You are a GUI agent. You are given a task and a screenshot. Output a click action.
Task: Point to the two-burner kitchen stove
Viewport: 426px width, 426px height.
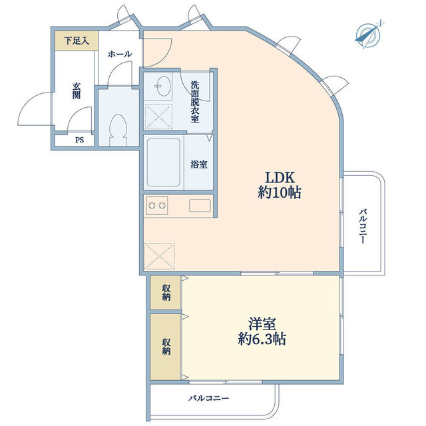coord(158,206)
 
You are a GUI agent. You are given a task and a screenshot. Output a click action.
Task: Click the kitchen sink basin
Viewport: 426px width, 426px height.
coord(200,206)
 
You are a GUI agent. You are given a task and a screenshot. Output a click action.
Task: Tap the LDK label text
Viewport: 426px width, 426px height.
coord(280,178)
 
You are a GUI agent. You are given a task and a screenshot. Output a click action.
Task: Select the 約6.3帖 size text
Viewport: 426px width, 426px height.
coord(263,339)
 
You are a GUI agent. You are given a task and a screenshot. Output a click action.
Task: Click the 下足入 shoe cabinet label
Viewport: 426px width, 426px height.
coord(76,41)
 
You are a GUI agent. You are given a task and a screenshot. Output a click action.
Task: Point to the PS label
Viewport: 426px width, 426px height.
coord(79,140)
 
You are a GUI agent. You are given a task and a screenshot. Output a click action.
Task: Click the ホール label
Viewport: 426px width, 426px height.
coord(119,54)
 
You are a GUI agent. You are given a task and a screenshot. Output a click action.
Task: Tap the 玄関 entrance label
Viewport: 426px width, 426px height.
coord(77,90)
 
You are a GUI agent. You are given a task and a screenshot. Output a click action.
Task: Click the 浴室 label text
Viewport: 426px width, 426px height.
coord(198,164)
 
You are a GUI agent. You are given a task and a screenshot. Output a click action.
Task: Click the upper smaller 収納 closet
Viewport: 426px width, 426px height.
coord(165,292)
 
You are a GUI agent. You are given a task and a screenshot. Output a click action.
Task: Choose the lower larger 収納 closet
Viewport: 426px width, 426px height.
coord(165,345)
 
